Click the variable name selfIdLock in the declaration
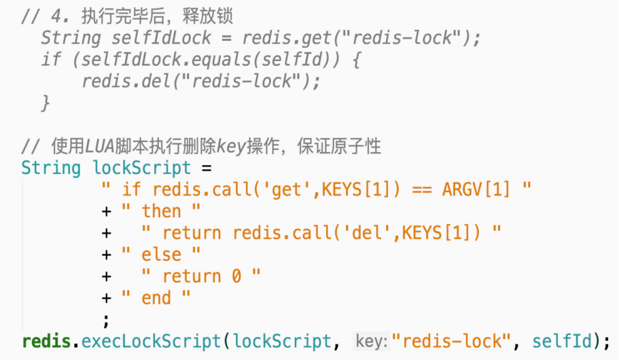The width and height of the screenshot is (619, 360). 153,38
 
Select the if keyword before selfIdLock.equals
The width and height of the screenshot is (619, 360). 50,60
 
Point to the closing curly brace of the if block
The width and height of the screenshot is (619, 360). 46,103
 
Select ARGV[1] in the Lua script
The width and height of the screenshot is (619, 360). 476,190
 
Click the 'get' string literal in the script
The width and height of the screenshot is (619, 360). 286,190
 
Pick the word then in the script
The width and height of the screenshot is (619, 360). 162,211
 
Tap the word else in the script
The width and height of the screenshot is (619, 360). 162,255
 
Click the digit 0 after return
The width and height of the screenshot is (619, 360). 236,276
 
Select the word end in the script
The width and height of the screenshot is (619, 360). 156,298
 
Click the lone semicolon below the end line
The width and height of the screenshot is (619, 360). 105,319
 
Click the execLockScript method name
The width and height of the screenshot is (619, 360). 152,341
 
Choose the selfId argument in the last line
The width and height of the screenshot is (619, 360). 561,341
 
